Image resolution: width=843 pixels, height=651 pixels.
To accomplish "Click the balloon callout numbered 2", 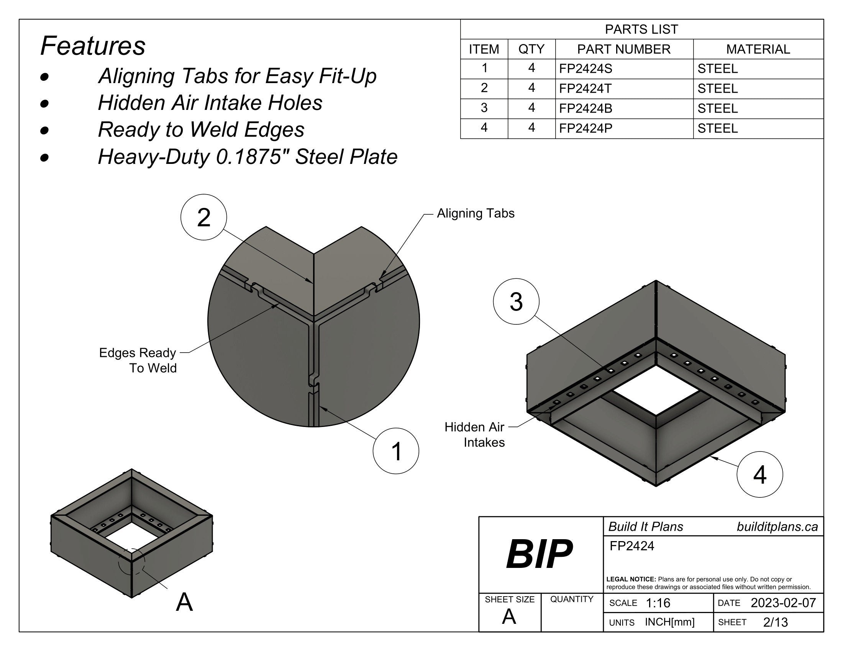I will tap(203, 217).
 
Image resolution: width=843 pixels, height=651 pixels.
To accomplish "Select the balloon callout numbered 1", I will tap(396, 451).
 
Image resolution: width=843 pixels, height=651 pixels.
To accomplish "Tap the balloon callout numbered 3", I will tap(516, 302).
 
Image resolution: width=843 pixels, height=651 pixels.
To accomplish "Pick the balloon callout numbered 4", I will tap(759, 474).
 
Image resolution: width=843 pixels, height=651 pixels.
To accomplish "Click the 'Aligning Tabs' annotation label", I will tap(475, 213).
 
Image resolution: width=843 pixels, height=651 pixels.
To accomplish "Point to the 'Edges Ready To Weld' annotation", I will tap(138, 360).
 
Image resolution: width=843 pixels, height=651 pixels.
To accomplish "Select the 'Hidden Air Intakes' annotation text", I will tap(475, 435).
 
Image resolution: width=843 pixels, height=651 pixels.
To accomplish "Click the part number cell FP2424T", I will tap(585, 89).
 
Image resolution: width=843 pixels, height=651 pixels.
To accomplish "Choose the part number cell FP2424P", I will tap(586, 128).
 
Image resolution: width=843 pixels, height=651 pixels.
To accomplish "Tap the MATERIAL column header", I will tap(758, 49).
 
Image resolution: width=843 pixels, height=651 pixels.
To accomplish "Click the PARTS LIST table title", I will tap(641, 29).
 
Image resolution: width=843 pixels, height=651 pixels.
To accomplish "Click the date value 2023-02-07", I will tap(783, 603).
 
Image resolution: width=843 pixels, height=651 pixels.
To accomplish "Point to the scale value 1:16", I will tap(658, 603).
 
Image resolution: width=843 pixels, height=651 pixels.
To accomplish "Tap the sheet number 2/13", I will tap(775, 622).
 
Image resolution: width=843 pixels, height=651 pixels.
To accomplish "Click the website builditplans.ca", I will tap(777, 527).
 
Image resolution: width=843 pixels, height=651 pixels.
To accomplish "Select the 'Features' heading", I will tap(93, 46).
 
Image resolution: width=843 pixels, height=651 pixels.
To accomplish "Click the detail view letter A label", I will tap(184, 602).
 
